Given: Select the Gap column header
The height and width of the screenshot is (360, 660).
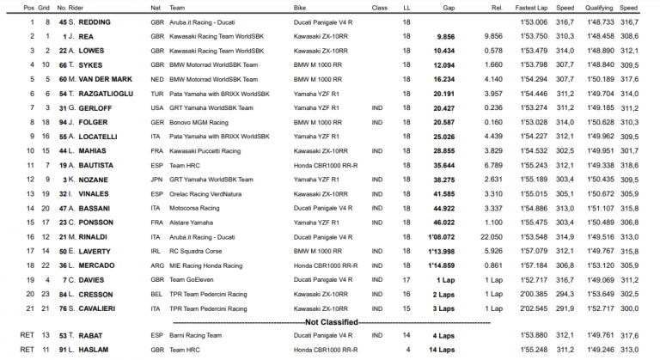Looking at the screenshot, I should pyautogui.click(x=449, y=6).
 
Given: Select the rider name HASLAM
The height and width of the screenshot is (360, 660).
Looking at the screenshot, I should pyautogui.click(x=85, y=350).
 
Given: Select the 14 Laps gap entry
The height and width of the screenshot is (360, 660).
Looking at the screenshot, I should pyautogui.click(x=443, y=350).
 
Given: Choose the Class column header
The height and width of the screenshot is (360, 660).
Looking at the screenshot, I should pyautogui.click(x=379, y=6).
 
